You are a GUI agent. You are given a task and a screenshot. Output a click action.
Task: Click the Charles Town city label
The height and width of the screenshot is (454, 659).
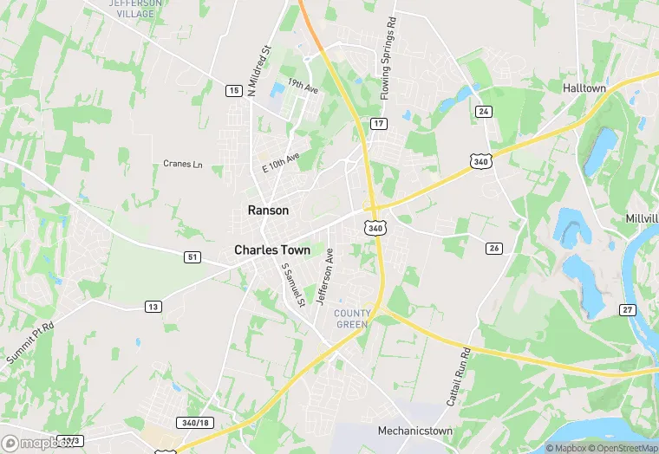coord(271,250)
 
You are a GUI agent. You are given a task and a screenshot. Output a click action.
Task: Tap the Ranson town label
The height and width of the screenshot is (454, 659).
coord(268,210)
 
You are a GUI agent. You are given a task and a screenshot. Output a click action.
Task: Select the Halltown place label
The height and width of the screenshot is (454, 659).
coord(584,88)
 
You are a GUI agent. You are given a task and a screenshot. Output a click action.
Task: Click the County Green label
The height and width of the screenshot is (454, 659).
coord(353,318)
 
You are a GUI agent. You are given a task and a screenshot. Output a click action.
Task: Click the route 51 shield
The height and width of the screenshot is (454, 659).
coord(192,256)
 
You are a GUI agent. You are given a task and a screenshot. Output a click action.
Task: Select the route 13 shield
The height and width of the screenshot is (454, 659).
coord(153,307)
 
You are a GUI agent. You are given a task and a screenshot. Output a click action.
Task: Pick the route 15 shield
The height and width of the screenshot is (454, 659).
coord(232,90)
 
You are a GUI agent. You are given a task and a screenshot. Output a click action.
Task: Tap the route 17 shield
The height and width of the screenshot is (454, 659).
coord(378,124)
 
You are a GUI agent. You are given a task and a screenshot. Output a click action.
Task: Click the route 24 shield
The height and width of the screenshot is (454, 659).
coord(483,111)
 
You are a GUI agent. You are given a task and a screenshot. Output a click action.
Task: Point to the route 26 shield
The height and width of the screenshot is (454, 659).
coord(494,249)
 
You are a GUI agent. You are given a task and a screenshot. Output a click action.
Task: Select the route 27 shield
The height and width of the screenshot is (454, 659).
coord(628,309)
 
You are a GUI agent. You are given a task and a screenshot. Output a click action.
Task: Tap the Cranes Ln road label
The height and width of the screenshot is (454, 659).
coord(182,164)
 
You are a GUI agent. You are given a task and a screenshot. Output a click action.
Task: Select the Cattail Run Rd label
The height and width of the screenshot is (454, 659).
coord(460,378)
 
